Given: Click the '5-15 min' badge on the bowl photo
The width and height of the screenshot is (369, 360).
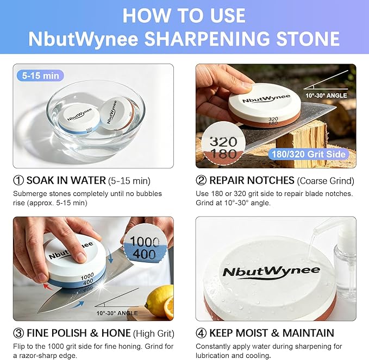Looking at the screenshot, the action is [x=40, y=75].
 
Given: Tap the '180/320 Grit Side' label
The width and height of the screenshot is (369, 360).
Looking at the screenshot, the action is [x=309, y=154].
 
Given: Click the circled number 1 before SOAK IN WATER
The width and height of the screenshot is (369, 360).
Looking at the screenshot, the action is [x=18, y=180].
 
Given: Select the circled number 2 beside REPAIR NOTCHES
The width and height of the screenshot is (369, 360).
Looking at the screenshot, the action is [x=201, y=180].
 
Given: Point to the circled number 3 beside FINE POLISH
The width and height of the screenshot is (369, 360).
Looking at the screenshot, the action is [x=18, y=333].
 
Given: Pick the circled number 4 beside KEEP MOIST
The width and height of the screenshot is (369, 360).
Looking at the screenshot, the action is [x=201, y=333].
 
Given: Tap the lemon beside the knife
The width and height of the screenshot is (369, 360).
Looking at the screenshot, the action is [x=160, y=299].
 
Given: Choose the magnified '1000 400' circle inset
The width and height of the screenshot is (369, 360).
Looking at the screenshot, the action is [x=145, y=249].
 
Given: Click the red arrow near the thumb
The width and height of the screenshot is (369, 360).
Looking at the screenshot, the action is [x=48, y=286].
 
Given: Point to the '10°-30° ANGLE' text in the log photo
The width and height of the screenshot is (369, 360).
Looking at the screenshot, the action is [x=326, y=96].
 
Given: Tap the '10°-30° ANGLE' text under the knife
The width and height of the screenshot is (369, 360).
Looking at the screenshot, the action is [x=117, y=313].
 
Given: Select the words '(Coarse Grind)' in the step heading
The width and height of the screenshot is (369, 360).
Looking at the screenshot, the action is [x=326, y=181].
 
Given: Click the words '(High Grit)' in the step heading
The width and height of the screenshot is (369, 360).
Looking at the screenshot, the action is [x=154, y=333].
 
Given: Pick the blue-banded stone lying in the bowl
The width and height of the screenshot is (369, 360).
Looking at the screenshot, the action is [x=79, y=120].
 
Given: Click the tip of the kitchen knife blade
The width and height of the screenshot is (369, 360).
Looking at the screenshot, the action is [x=37, y=313].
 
